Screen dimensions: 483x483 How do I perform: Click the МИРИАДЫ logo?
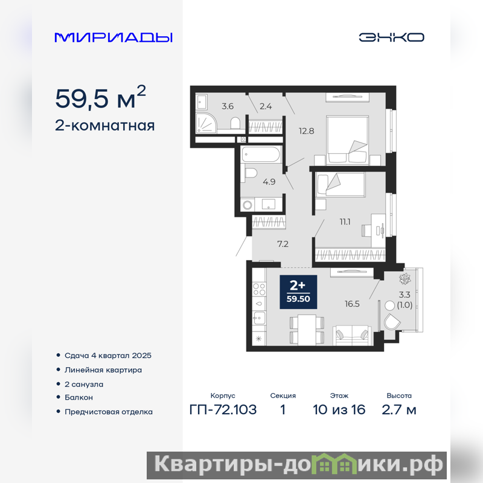[114, 37]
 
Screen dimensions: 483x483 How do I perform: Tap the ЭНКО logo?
[391, 37]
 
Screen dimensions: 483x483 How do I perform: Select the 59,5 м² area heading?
[100, 97]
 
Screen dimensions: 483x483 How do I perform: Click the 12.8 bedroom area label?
[307, 131]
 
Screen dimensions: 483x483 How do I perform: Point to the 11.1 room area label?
[345, 222]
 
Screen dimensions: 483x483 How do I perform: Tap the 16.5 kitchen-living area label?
[352, 304]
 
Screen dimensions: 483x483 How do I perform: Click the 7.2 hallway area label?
[283, 244]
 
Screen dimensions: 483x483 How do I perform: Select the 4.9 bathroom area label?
[269, 182]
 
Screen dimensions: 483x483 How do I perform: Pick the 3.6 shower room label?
[228, 106]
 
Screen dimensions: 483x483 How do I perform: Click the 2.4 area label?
[266, 106]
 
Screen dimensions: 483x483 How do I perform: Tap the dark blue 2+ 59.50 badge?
[298, 292]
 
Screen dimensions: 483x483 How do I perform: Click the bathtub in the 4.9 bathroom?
[261, 155]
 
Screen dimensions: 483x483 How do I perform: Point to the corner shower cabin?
[206, 124]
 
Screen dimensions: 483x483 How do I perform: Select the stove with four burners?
[259, 289]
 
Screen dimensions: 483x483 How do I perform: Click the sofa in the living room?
[352, 336]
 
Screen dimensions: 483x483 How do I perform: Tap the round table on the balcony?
[389, 305]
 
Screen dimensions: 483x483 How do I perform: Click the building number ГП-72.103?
[223, 410]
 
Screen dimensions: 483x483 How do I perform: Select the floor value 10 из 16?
[339, 410]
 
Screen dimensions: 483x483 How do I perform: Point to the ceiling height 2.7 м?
[399, 410]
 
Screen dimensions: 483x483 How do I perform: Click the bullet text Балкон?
[78, 397]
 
